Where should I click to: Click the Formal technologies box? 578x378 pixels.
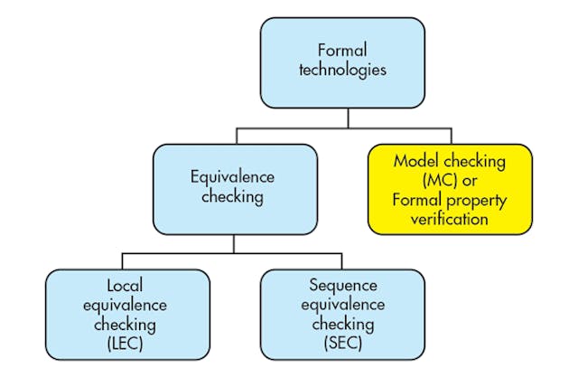pos(342,61)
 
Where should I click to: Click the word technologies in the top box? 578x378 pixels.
pos(342,71)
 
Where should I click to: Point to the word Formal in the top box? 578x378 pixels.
pos(342,52)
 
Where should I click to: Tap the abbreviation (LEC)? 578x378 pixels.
pos(127,343)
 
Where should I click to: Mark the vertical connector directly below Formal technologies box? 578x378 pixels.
pos(342,118)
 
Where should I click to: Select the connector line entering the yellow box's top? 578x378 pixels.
pos(450,136)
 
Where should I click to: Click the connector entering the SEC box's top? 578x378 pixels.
pos(342,260)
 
